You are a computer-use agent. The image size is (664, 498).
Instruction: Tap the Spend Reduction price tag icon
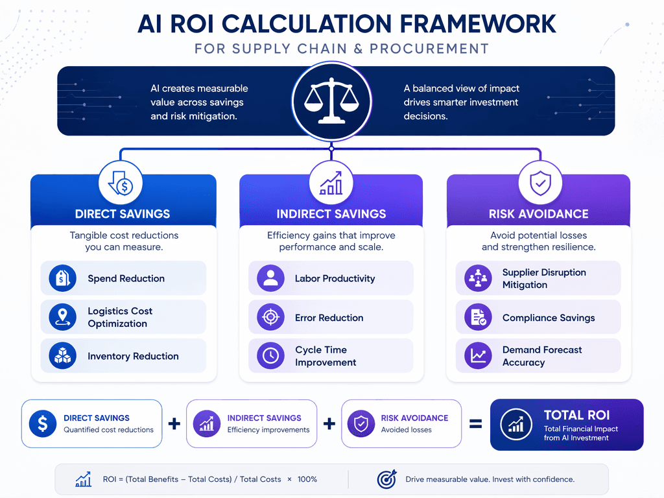pyautogui.click(x=63, y=278)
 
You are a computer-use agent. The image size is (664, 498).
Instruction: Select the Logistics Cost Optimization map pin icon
pyautogui.click(x=63, y=316)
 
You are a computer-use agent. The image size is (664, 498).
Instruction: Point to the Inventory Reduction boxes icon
pyautogui.click(x=63, y=356)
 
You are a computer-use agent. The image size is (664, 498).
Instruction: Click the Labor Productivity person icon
pyautogui.click(x=270, y=278)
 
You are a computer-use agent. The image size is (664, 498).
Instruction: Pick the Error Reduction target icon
pyautogui.click(x=270, y=316)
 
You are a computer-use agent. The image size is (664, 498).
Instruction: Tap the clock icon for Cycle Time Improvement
pyautogui.click(x=270, y=356)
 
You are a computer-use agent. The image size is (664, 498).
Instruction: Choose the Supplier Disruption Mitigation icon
pyautogui.click(x=478, y=278)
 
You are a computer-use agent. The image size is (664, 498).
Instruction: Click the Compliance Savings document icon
pyautogui.click(x=478, y=316)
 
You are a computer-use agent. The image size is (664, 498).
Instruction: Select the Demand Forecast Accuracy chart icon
pyautogui.click(x=478, y=356)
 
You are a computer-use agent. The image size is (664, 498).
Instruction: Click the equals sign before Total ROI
pyautogui.click(x=475, y=423)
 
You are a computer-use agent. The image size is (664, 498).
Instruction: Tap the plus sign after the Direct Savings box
pyautogui.click(x=174, y=423)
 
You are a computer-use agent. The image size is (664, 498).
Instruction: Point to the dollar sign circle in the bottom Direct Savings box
pyautogui.click(x=43, y=423)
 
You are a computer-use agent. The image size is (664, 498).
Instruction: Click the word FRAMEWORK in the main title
pyautogui.click(x=478, y=24)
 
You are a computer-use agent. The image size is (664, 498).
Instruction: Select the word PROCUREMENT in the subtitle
pyautogui.click(x=429, y=49)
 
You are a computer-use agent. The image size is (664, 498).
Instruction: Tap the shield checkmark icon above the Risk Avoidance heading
pyautogui.click(x=540, y=184)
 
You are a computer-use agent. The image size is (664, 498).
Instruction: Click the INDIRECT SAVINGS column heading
pyautogui.click(x=331, y=214)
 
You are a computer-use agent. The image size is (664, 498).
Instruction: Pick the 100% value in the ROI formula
pyautogui.click(x=307, y=479)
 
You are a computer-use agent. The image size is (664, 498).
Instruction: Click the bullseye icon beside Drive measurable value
pyautogui.click(x=386, y=479)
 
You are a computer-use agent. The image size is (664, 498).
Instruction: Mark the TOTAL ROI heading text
pyautogui.click(x=576, y=415)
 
